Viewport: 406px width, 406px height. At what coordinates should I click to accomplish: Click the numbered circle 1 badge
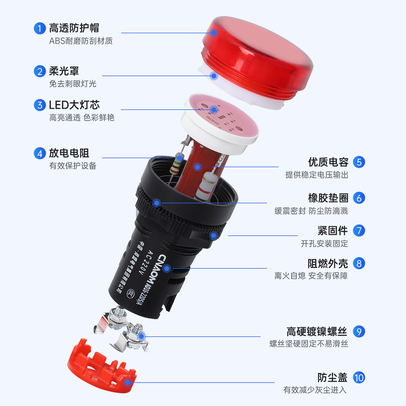pos(40,28)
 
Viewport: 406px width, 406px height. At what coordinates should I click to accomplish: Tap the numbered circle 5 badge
pos(359,162)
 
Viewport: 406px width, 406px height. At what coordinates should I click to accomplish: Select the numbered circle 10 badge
pos(359,378)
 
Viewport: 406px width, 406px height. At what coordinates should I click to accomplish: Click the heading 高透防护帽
pos(74,28)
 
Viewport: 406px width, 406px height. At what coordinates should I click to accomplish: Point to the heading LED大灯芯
pos(74,105)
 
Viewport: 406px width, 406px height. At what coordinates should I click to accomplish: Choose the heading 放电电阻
pos(69,153)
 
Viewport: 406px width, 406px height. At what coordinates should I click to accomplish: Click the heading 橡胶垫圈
pos(328,198)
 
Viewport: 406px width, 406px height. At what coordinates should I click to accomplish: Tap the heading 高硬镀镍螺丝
pos(317,332)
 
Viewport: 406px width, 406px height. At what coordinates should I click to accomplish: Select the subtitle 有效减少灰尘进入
pos(315,390)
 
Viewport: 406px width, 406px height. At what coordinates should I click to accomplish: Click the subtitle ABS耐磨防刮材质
pos(81,41)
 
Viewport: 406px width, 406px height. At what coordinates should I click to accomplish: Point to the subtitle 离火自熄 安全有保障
pos(311,276)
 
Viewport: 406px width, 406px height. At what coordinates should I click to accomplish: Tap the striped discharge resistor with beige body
pos(176,164)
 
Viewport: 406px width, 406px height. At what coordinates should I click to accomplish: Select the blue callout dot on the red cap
pos(214,33)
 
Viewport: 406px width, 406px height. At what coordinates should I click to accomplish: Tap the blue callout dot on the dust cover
pos(127,383)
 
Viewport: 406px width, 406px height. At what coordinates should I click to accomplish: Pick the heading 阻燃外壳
pos(328,264)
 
